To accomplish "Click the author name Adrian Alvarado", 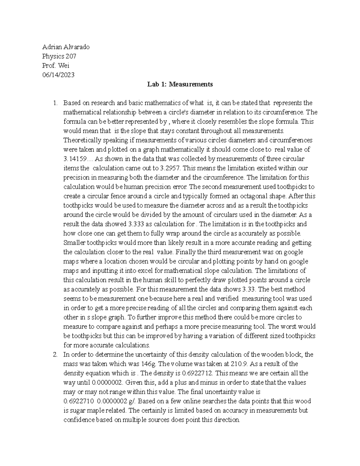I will [x=66, y=47].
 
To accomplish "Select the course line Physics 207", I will [x=59, y=56].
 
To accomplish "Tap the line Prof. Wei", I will [x=55, y=65].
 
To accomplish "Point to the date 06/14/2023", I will [x=58, y=75].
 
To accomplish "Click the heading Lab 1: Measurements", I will [x=180, y=84].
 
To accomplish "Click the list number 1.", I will [x=55, y=103].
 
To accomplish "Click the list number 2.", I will [x=55, y=354].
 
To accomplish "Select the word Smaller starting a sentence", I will [x=73, y=243].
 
